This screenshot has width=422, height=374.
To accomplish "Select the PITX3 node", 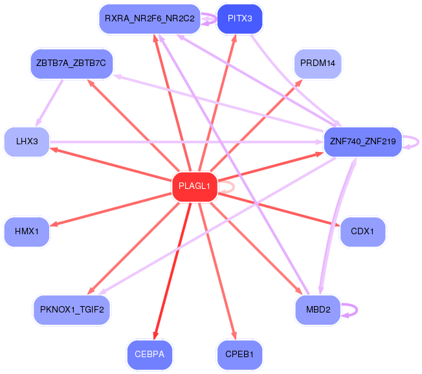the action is [239, 19].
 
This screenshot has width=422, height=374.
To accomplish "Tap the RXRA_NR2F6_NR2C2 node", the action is [150, 19].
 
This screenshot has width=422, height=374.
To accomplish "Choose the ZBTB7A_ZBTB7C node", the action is [71, 64].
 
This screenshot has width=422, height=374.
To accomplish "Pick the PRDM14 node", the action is [318, 64].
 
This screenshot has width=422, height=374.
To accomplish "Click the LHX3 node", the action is [27, 142].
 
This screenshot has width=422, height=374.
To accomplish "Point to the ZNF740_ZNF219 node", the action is [363, 142].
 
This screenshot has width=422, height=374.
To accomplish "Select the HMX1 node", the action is [27, 232].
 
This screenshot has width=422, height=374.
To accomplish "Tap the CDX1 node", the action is [362, 232].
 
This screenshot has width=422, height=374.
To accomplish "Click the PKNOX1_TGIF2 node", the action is [72, 310].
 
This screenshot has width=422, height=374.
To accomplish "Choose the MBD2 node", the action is [318, 310].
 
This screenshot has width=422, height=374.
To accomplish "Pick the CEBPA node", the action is [150, 355].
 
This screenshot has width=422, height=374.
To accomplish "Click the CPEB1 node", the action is [239, 355].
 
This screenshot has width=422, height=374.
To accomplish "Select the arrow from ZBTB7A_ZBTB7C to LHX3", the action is [49, 103].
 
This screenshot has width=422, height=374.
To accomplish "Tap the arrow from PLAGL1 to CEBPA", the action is [172, 271].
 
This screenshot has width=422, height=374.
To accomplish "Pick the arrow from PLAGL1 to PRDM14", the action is [256, 126].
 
